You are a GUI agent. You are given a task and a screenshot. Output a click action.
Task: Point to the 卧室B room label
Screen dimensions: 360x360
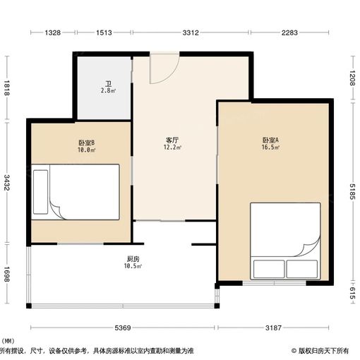(x=87, y=143)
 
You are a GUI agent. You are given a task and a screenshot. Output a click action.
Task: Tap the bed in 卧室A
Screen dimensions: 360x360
(x=285, y=241)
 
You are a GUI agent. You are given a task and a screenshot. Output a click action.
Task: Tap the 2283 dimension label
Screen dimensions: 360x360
(x=292, y=32)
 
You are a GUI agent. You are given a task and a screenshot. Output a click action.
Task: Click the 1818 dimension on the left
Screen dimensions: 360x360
(x=7, y=88)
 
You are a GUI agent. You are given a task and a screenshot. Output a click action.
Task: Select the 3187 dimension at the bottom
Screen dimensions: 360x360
(x=275, y=328)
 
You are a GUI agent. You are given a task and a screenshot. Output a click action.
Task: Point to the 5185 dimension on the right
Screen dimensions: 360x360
(x=351, y=191)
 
